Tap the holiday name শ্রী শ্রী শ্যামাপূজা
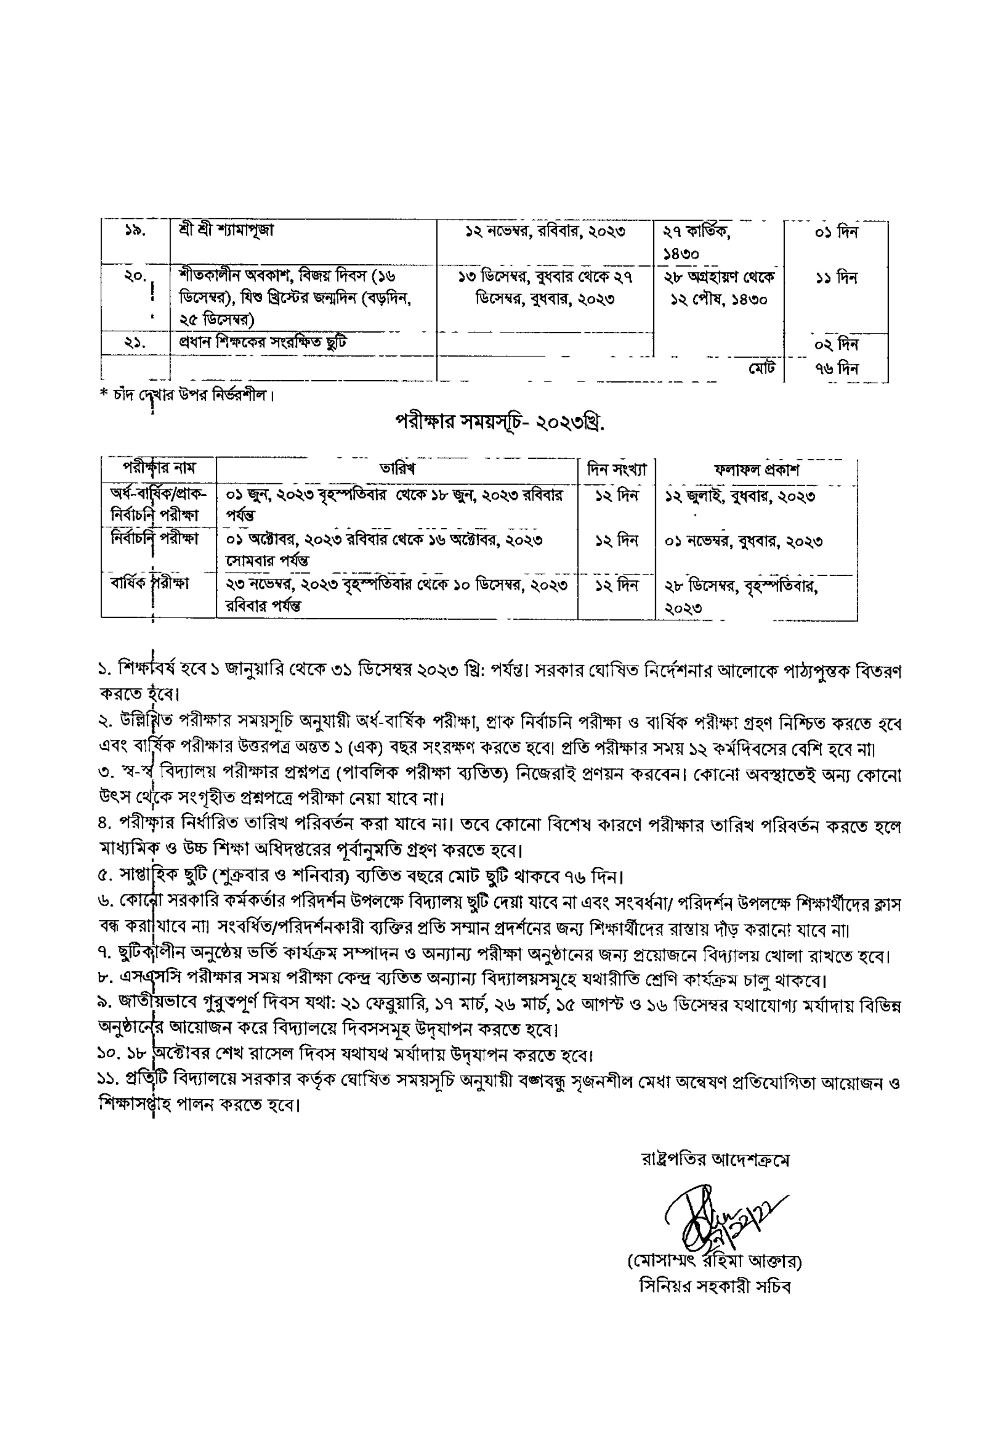click(226, 230)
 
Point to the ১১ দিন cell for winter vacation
click(836, 277)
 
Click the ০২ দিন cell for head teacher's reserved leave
click(836, 344)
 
